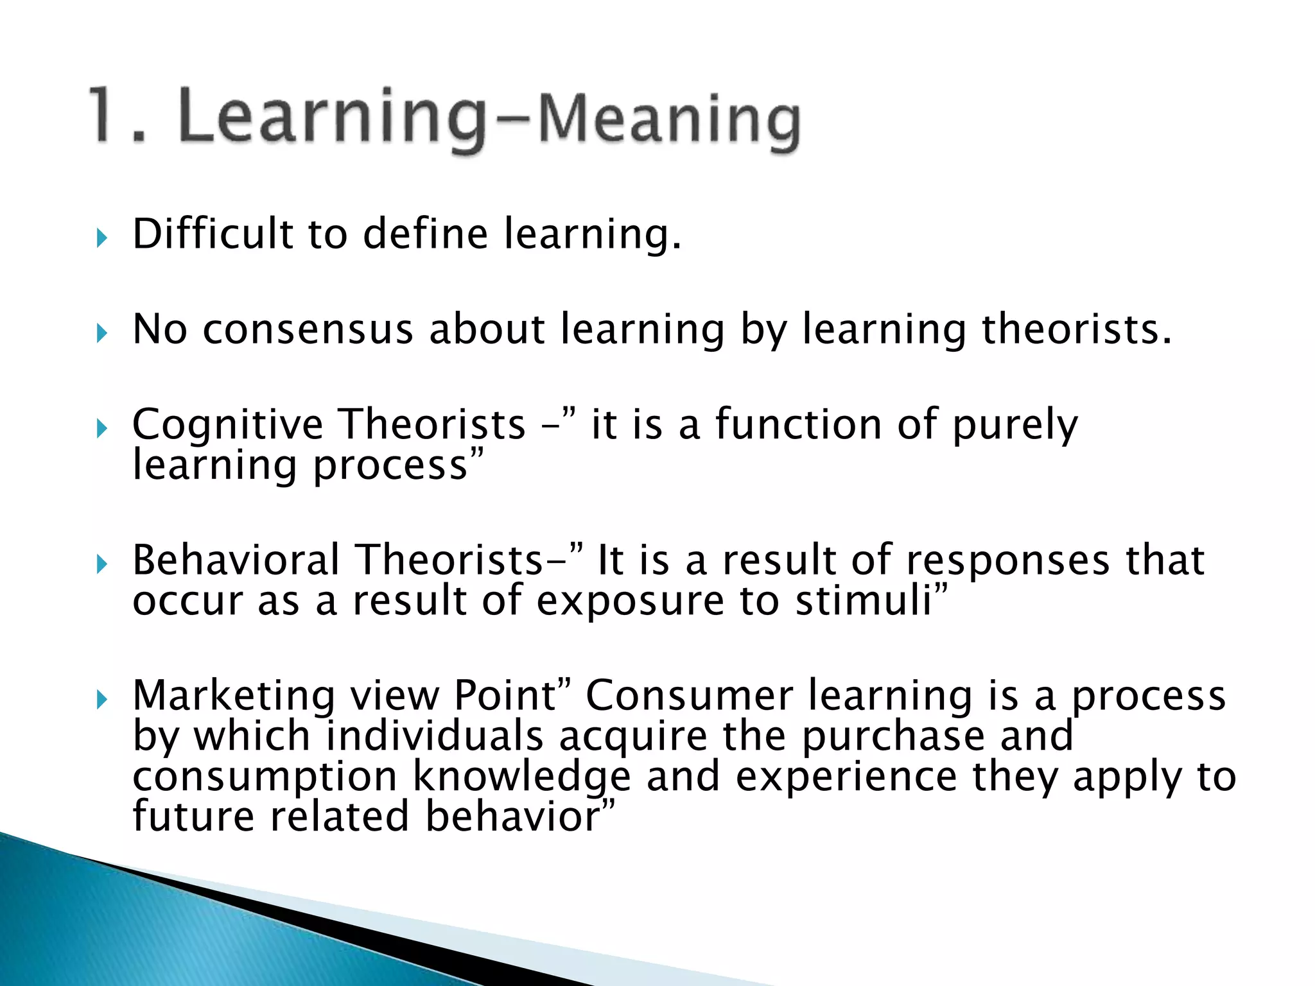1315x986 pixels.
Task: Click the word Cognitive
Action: pos(228,425)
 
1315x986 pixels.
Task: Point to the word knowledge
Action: pos(521,777)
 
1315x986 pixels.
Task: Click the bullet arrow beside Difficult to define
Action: pos(101,239)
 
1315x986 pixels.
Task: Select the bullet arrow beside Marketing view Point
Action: pos(101,700)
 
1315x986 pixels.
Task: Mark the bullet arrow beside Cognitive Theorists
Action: pos(101,428)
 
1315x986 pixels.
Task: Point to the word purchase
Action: pos(893,736)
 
